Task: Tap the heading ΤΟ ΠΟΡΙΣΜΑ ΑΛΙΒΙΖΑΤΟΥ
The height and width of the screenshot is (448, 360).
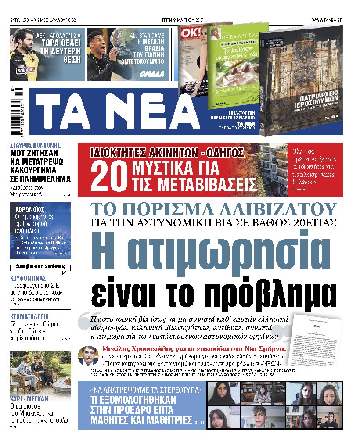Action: tap(213, 209)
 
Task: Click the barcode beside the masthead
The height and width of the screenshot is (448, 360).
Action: tap(18, 110)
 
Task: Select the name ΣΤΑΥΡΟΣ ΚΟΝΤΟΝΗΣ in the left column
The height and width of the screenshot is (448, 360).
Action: tap(35, 145)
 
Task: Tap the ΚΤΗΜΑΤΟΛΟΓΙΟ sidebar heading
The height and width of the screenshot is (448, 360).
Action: tap(29, 316)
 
